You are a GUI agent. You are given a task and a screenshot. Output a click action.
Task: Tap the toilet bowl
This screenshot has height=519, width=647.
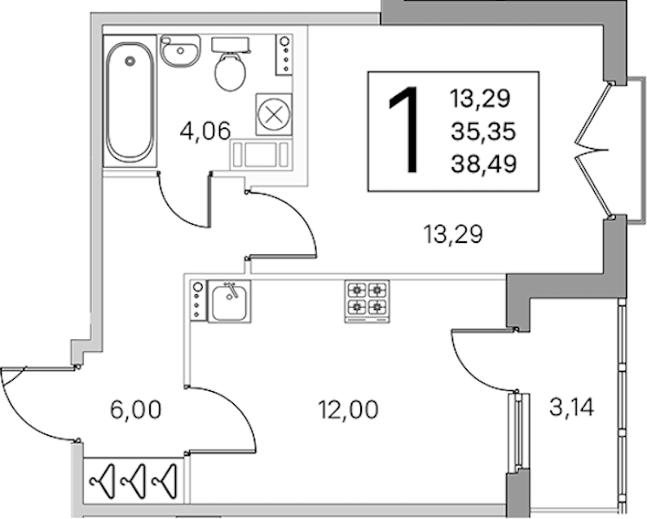click(230, 71)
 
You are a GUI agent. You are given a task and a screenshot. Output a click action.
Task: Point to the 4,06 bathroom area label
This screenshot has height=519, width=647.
click(204, 132)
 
